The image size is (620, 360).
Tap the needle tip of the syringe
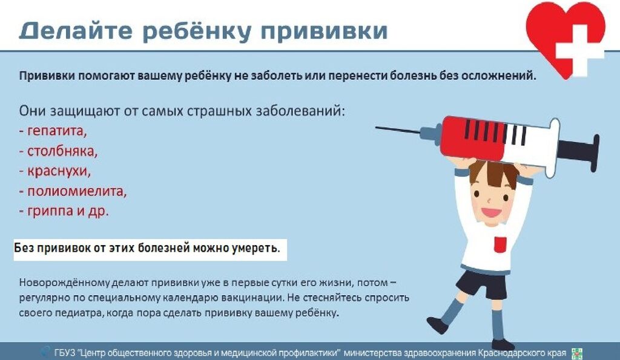377,127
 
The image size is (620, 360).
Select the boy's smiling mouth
491,212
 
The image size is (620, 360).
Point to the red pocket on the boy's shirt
500,244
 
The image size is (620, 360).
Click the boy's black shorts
480,284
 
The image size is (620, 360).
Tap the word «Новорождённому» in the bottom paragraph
65,283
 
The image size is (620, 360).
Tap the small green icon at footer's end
577,353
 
